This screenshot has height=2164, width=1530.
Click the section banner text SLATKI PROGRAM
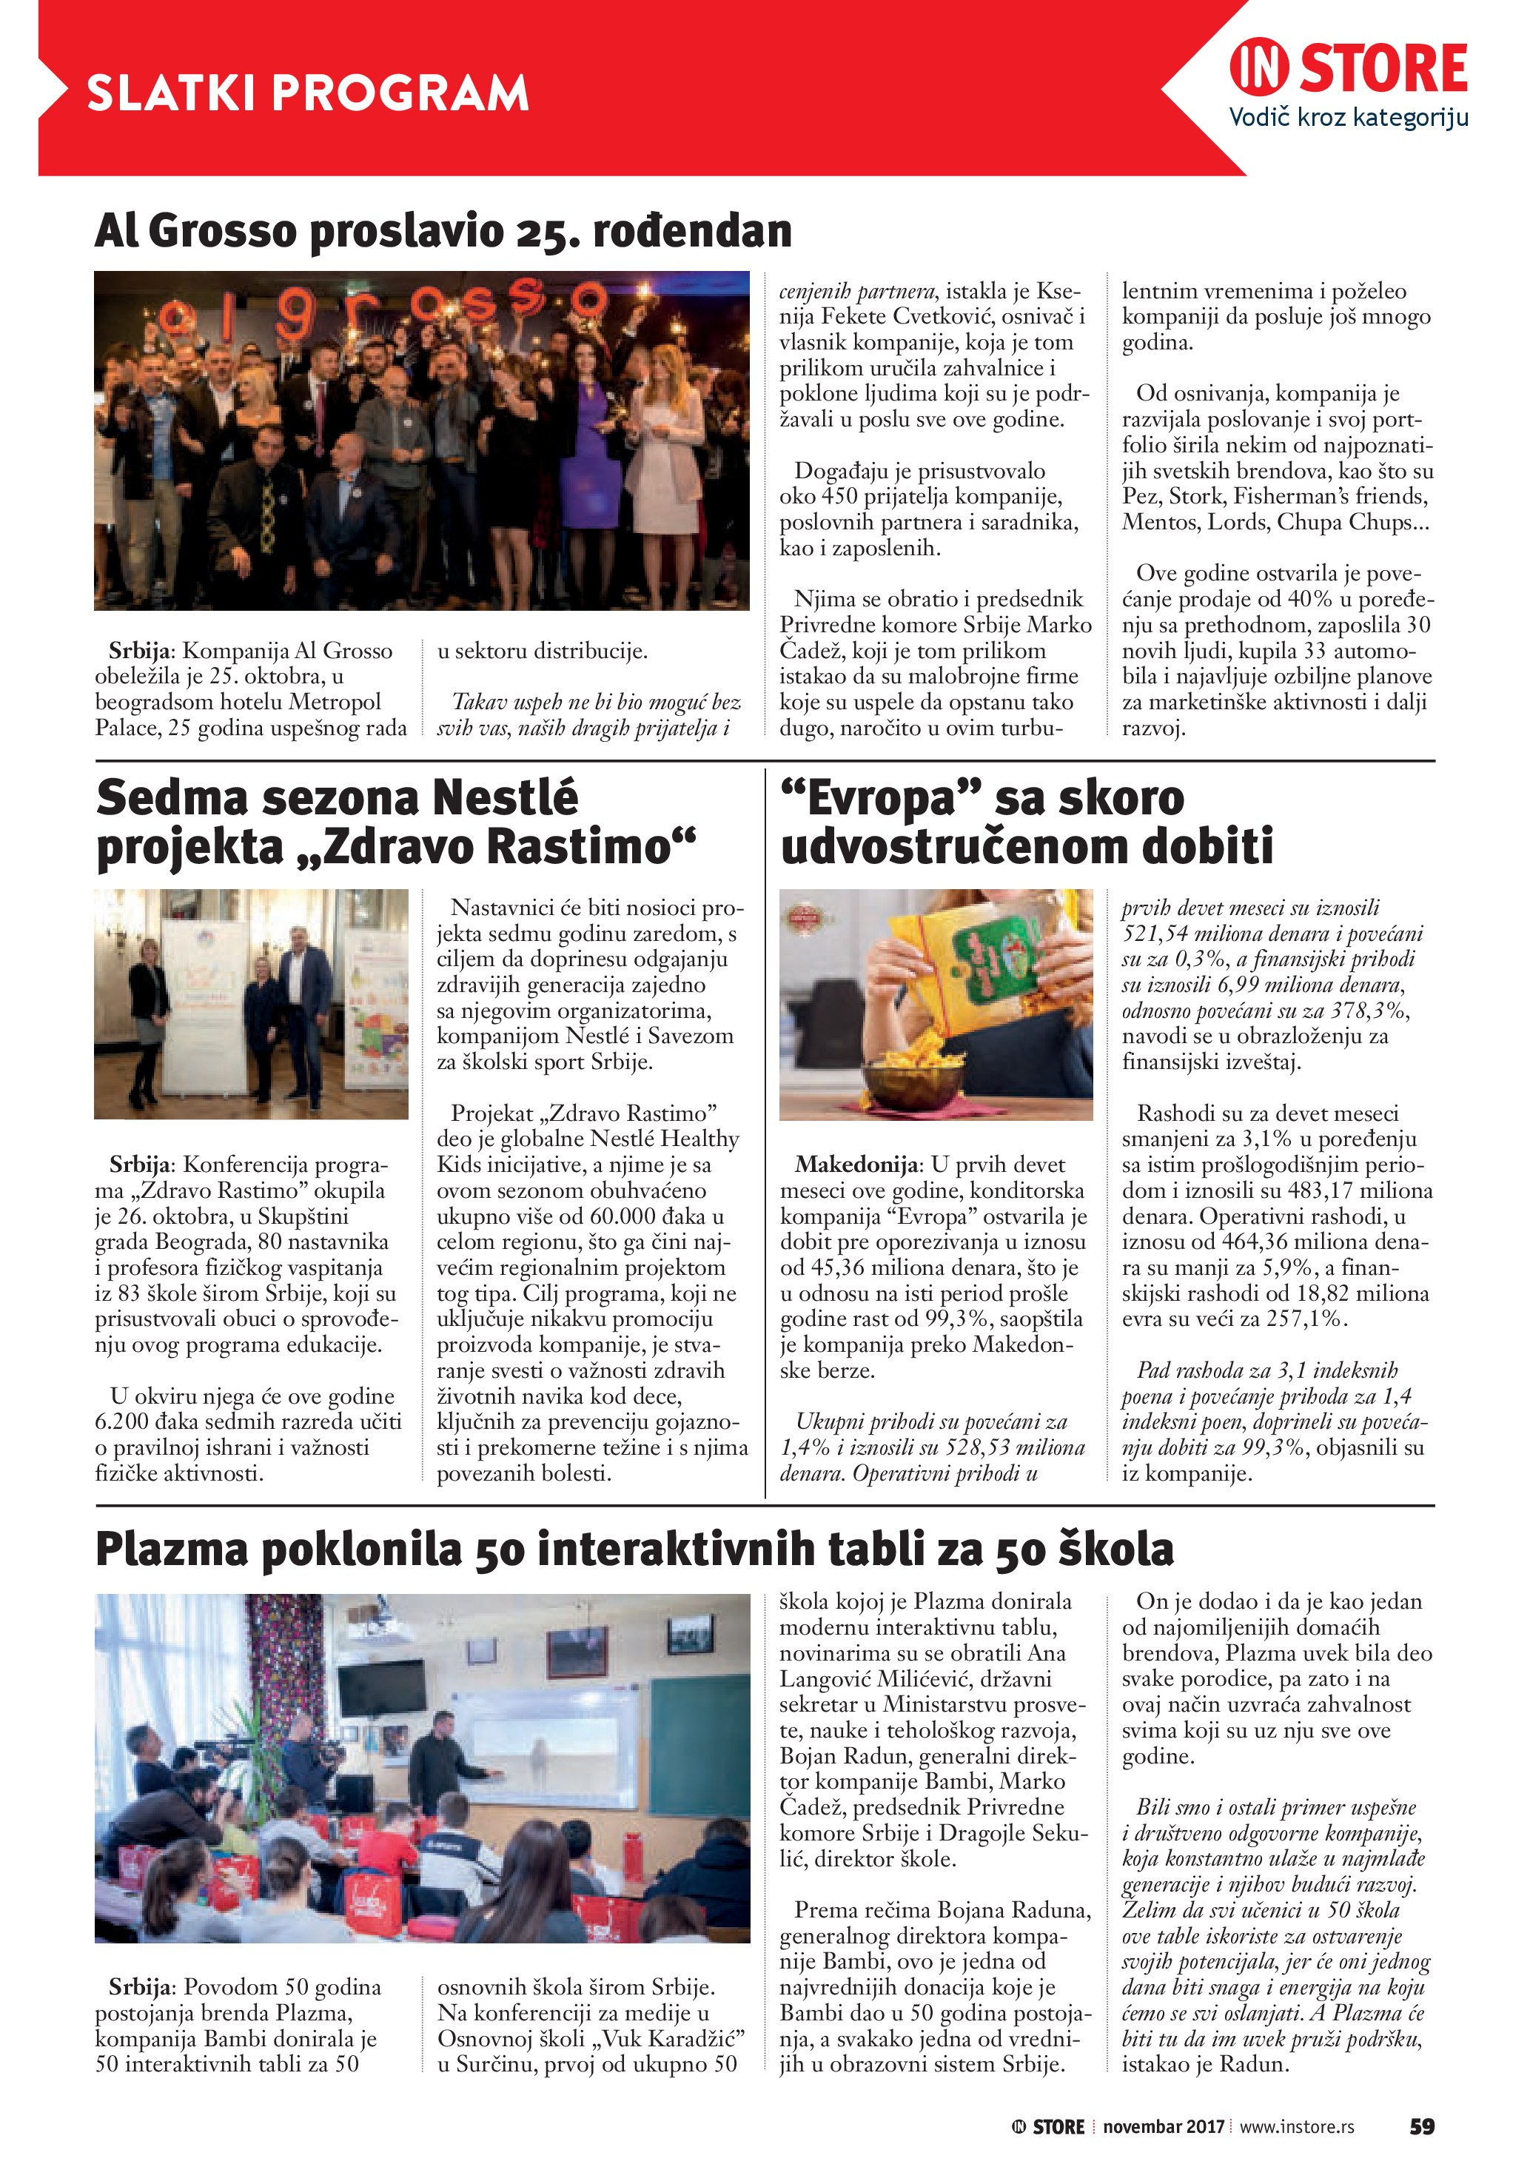click(307, 93)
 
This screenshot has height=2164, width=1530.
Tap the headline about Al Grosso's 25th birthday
click(443, 232)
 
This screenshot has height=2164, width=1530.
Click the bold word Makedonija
click(856, 1165)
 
